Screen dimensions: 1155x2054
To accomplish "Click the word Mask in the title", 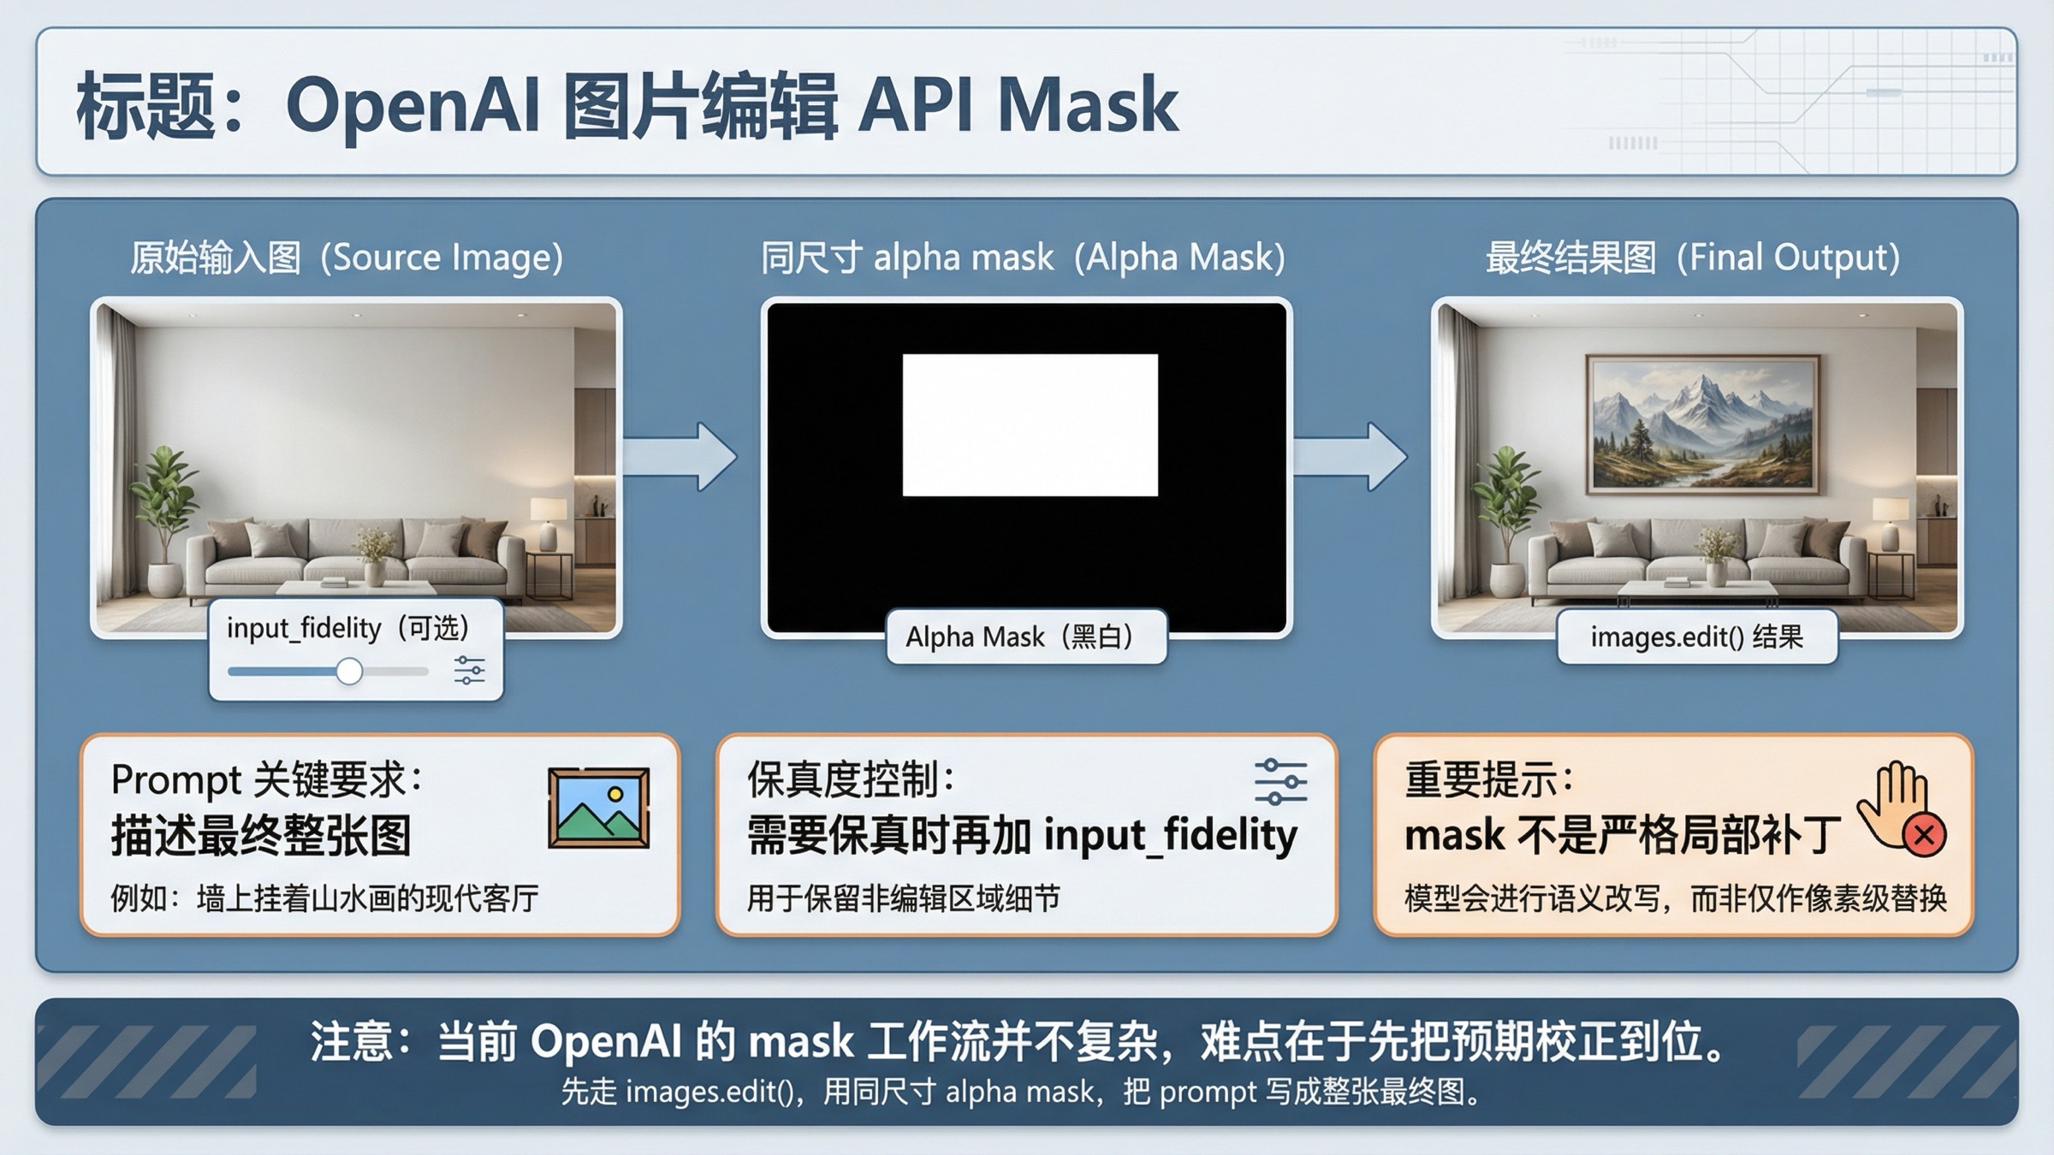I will [1088, 106].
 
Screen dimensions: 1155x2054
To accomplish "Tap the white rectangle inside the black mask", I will [1030, 425].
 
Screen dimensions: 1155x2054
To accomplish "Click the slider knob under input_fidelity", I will [348, 672].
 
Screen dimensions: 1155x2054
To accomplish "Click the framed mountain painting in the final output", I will [1702, 425].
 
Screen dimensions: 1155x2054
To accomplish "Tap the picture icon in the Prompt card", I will [598, 808].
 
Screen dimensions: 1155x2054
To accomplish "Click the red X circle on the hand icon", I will [1925, 834].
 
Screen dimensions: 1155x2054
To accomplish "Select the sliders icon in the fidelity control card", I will [1280, 780].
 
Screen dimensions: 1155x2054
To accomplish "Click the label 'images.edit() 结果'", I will [1696, 637].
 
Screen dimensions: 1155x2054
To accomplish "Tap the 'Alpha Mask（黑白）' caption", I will [1025, 637].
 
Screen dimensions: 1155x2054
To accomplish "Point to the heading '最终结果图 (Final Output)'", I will [1692, 258].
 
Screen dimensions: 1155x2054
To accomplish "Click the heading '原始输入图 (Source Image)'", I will [347, 258].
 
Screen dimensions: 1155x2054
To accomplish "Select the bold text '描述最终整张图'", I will [261, 836].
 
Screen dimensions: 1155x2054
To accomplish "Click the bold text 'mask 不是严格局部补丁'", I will [1623, 836].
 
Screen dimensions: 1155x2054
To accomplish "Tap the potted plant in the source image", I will [163, 505].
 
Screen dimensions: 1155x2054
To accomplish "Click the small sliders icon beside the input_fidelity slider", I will [469, 670].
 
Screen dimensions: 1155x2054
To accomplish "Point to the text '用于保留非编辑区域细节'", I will [903, 898].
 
